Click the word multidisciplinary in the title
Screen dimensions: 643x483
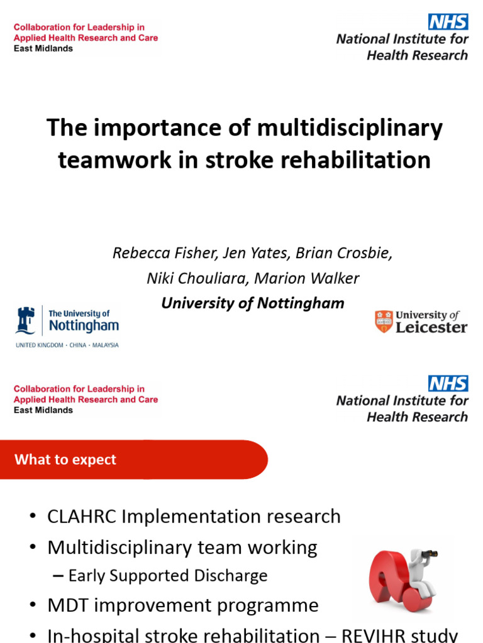(350, 128)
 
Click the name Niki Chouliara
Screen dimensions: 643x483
(192, 278)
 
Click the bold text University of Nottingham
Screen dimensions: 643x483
(253, 303)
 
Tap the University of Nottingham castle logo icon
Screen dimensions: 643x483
(26, 320)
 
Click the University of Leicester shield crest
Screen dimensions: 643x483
(384, 321)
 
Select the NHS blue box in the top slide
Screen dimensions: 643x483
(448, 21)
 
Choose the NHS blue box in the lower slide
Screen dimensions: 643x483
(448, 383)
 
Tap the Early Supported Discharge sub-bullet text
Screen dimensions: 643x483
(168, 576)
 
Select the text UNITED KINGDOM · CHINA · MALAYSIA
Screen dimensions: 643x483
(67, 345)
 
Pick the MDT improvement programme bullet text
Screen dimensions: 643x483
(183, 605)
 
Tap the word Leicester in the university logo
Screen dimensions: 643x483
(431, 327)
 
